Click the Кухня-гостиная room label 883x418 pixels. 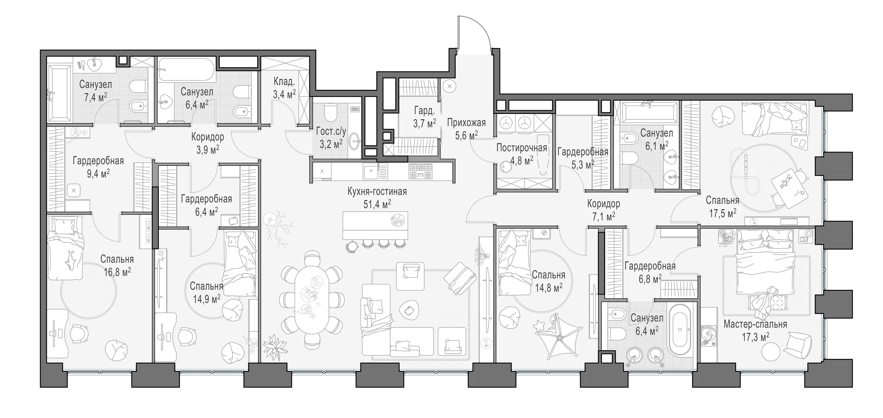click(377, 192)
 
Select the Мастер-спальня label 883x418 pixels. click(755, 324)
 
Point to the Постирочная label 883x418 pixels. click(521, 148)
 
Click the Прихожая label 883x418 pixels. click(466, 123)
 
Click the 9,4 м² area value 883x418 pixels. click(98, 174)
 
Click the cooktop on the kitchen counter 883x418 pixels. click(421, 171)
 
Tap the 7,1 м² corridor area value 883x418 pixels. click(604, 216)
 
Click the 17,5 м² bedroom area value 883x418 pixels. click(722, 213)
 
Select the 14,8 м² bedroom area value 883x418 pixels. click(548, 287)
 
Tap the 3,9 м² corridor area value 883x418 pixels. click(208, 150)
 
